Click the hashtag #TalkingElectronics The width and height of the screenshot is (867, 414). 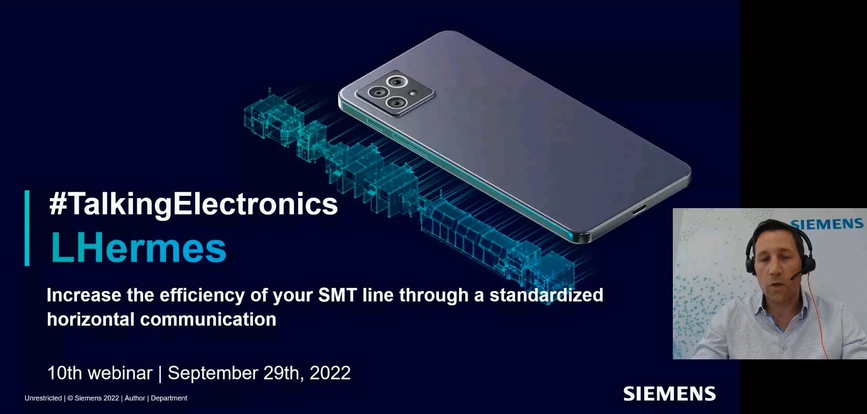point(193,204)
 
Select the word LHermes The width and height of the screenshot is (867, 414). point(139,248)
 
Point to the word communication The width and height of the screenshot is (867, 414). point(208,319)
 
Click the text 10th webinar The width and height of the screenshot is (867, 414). point(99,373)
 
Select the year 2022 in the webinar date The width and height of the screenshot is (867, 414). point(330,373)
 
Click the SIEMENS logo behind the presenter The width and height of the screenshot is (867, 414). point(827,224)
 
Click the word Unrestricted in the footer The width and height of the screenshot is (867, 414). point(43,398)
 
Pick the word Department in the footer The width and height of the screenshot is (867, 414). point(169,398)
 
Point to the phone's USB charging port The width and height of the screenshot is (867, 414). point(639,210)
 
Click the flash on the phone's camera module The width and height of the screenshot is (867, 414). point(414,93)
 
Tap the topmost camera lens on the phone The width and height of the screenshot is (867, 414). point(395,82)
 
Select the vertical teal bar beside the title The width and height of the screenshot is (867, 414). point(27,228)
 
